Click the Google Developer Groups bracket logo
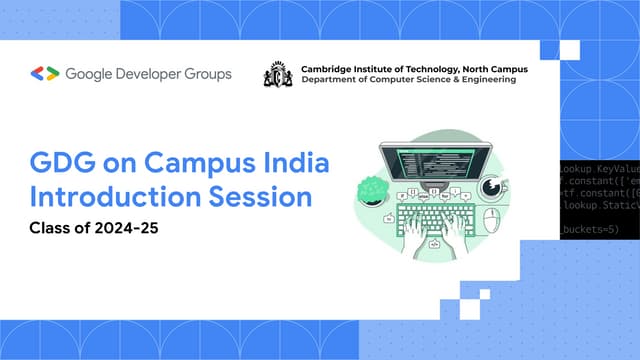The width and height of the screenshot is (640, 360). pos(45,73)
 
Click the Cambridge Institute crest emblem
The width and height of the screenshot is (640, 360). pos(277,74)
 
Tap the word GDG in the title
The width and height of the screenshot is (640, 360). pos(61,163)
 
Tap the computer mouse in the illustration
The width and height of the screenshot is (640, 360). pos(490,219)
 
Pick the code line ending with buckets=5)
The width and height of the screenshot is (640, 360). pos(590,231)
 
